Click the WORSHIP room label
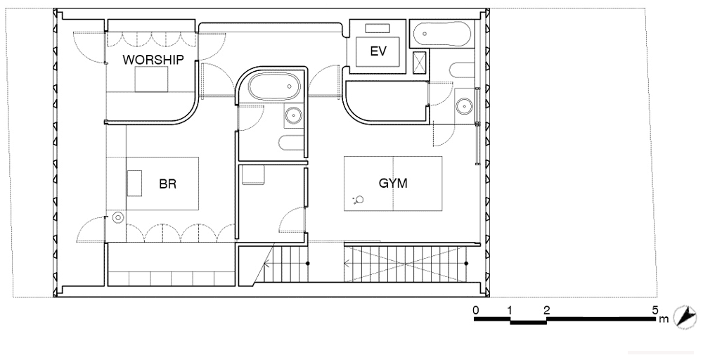tap(153, 60)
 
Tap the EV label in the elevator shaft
tap(378, 51)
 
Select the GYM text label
tap(393, 183)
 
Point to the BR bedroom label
tap(168, 184)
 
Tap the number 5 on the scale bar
tap(654, 310)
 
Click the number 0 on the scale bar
tap(475, 310)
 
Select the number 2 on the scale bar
tap(546, 310)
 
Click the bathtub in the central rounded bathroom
tap(274, 87)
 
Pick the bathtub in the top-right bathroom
tap(441, 34)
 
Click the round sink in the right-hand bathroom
tap(463, 106)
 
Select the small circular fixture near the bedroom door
tap(117, 217)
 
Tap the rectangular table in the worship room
tap(152, 79)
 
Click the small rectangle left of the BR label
tap(134, 183)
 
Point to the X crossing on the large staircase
tap(406, 264)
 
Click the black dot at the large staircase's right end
tap(466, 264)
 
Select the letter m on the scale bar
tap(664, 319)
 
